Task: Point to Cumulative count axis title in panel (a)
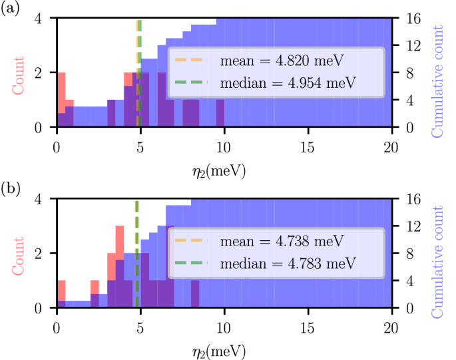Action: point(438,81)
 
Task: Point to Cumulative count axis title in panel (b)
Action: point(438,262)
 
